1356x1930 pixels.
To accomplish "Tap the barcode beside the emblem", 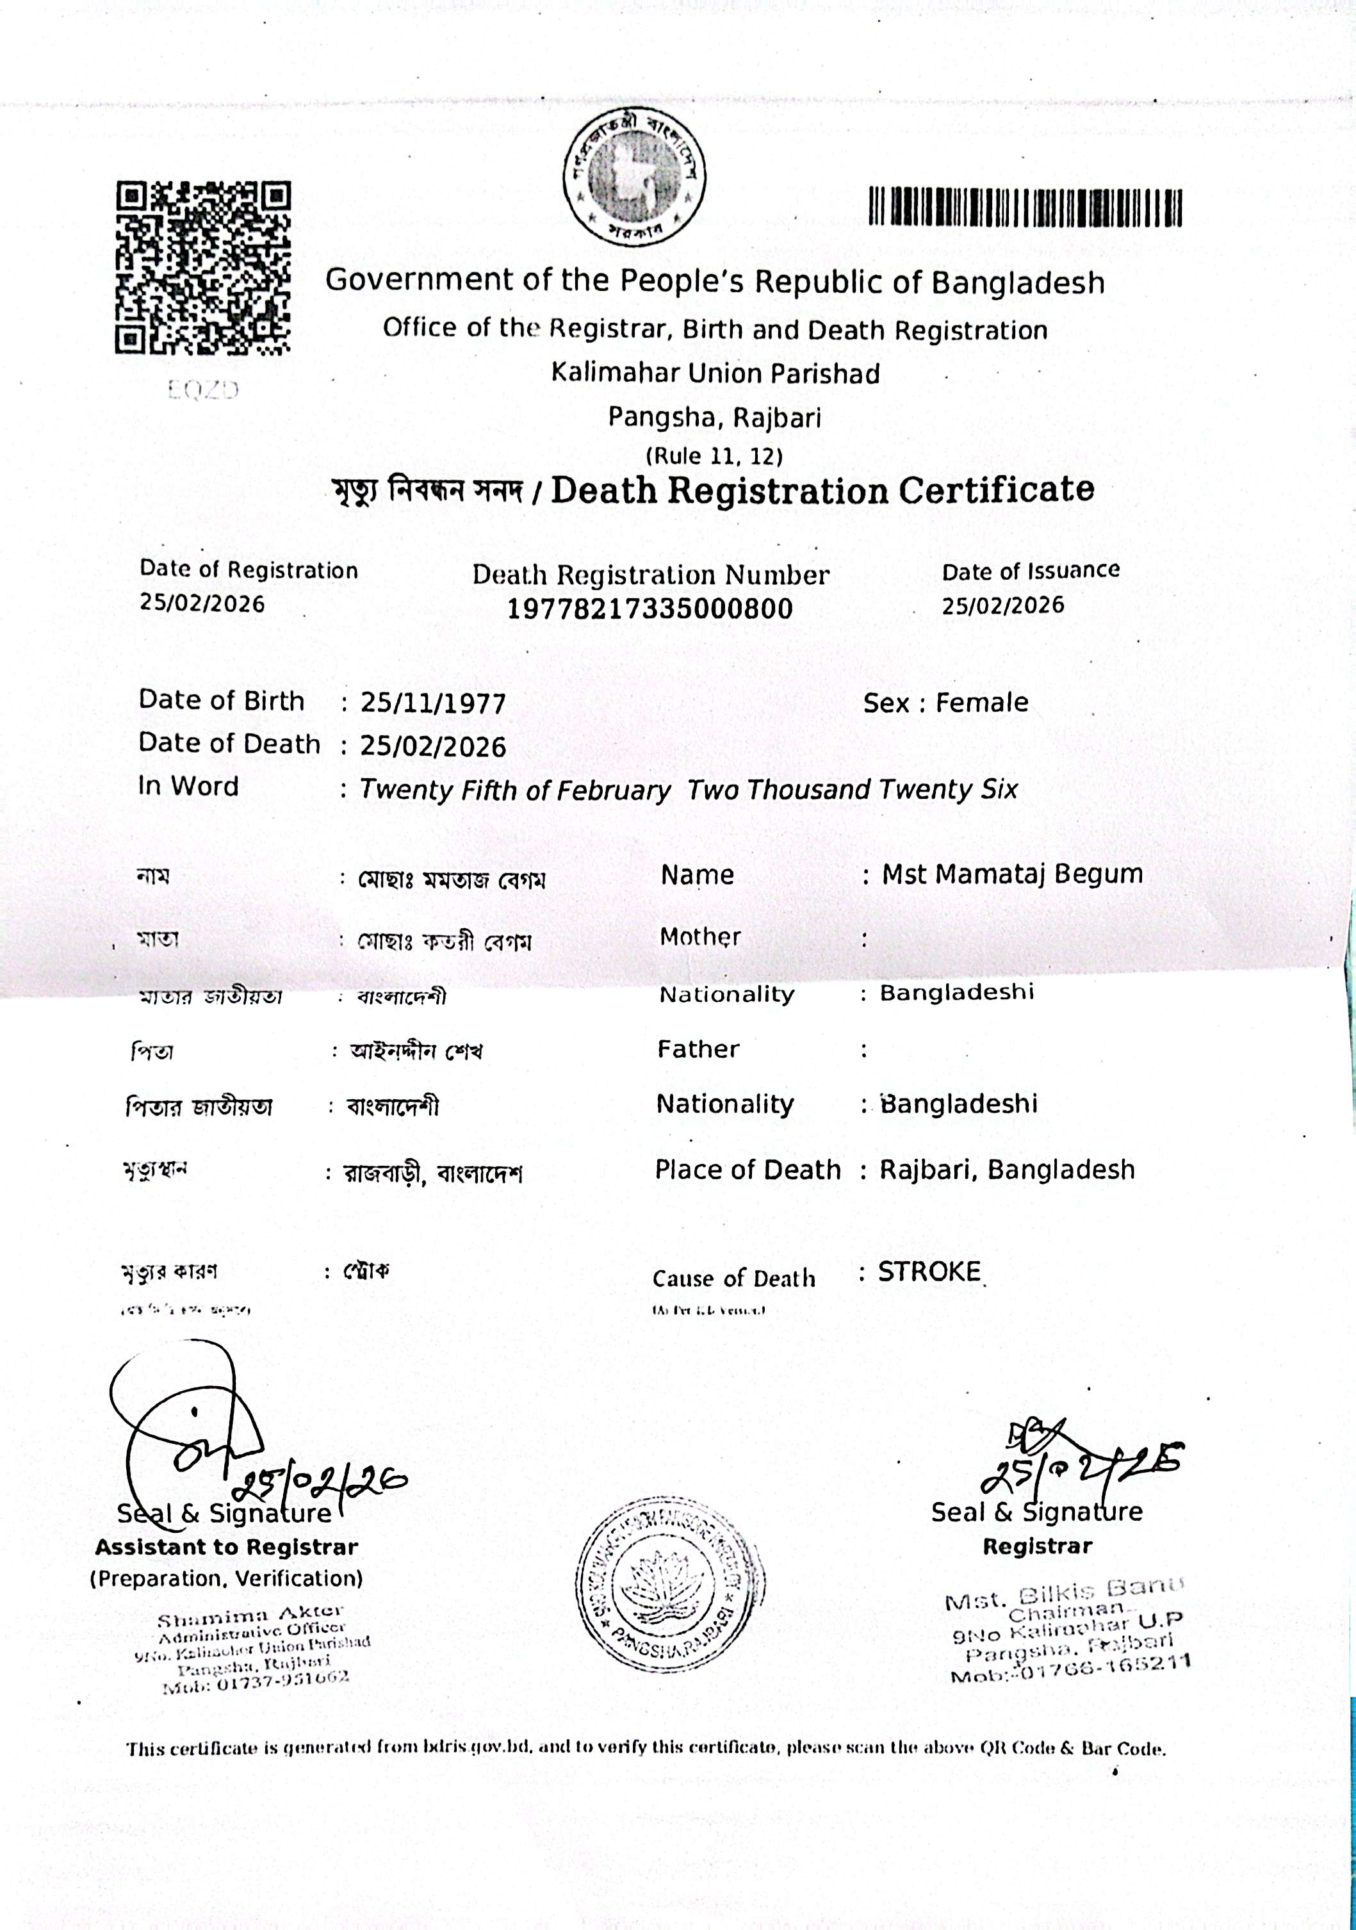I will [1025, 208].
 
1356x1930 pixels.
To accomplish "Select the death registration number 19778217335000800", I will [650, 609].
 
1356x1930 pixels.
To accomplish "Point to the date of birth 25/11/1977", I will [433, 703].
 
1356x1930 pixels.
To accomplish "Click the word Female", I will [982, 702].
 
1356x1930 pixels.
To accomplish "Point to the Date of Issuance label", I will [1031, 571].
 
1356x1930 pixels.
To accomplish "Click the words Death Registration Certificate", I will [822, 490].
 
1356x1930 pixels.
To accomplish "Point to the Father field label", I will [698, 1049].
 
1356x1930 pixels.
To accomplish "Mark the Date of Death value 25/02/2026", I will [433, 746].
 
